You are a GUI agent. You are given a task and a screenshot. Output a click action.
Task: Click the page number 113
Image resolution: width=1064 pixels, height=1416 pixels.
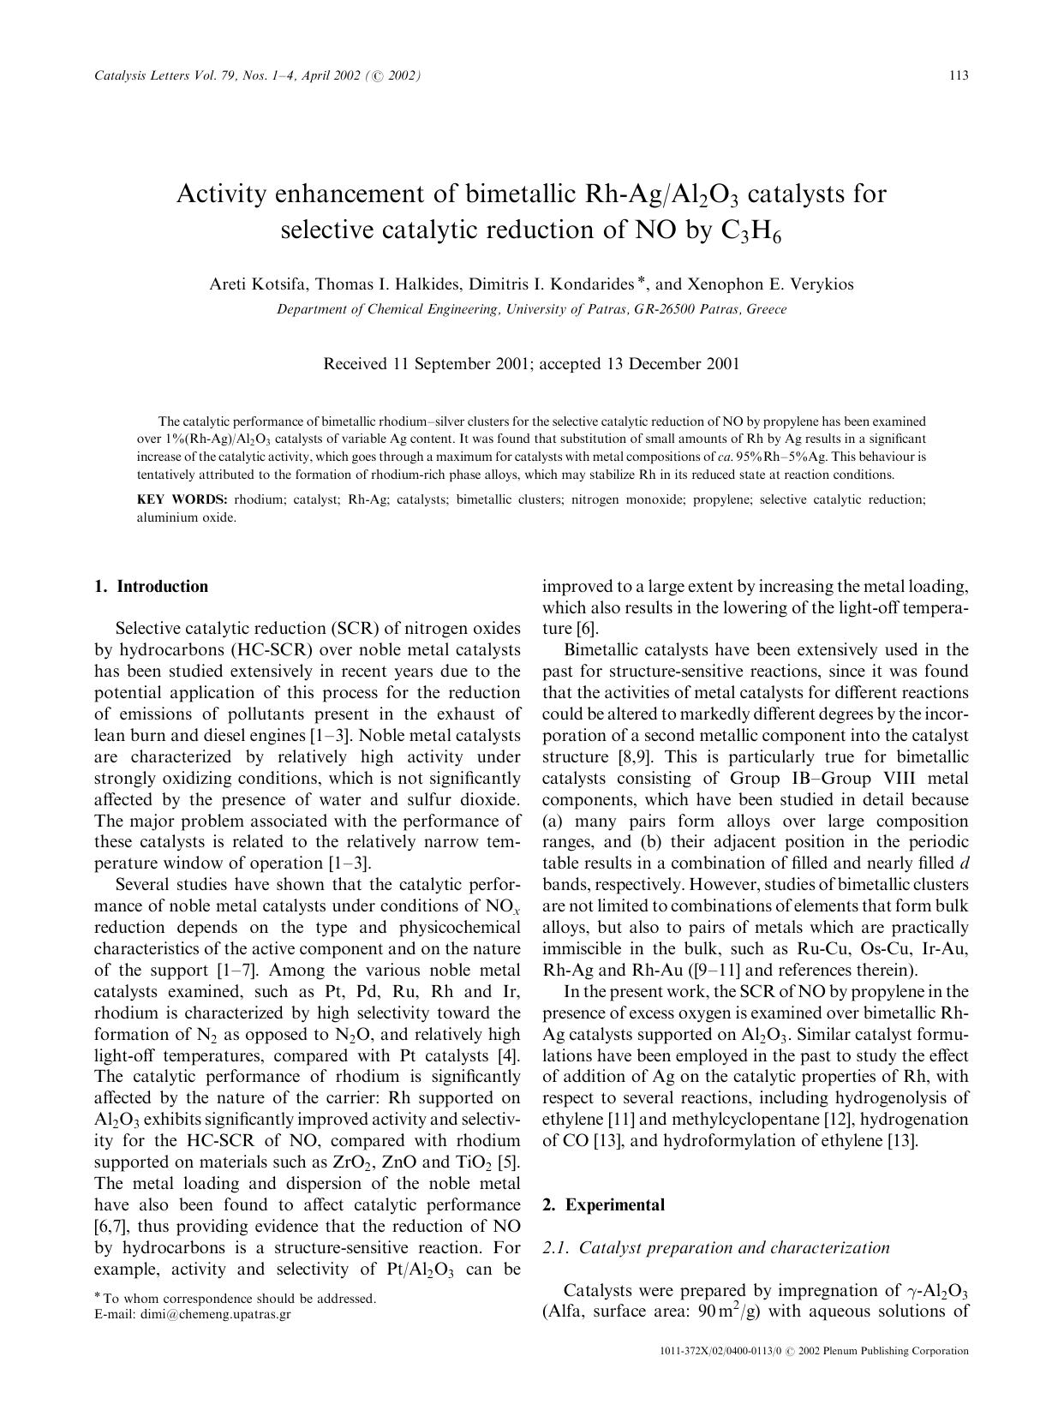pos(959,75)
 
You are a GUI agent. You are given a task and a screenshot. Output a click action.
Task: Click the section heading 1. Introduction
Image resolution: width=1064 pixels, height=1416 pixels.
pos(151,587)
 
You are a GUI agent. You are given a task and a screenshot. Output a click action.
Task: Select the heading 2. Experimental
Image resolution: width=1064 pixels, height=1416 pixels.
pos(603,1205)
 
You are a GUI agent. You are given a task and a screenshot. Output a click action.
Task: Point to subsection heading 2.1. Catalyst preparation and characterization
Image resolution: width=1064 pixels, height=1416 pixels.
pos(716,1247)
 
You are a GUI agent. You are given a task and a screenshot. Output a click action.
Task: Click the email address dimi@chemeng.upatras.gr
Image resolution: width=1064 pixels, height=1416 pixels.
pos(215,1313)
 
